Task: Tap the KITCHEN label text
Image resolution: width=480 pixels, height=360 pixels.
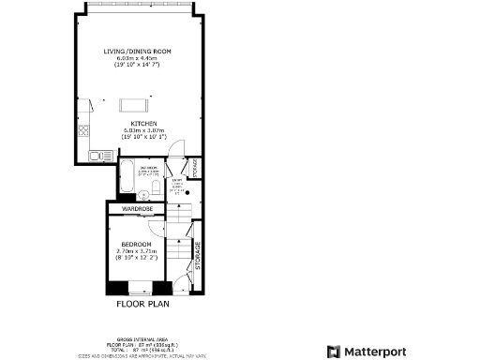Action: click(143, 123)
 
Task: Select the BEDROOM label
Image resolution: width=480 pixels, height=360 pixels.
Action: click(137, 244)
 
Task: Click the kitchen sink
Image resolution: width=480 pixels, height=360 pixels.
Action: click(94, 154)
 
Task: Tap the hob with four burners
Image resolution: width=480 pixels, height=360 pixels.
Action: click(84, 128)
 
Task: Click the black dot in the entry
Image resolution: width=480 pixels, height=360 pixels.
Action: click(186, 187)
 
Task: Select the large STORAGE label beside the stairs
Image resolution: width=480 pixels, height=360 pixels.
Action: click(198, 256)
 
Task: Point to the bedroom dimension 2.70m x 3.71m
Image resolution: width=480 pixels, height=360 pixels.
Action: click(137, 250)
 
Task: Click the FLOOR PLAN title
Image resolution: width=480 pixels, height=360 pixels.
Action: click(143, 304)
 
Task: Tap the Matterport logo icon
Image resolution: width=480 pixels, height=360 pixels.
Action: click(333, 351)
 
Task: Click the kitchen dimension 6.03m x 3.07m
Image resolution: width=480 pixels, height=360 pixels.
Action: click(143, 130)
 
